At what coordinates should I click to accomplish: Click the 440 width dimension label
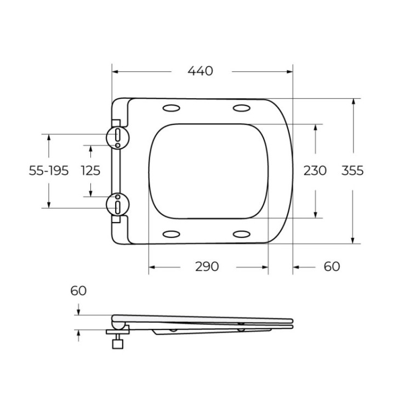tap(200, 71)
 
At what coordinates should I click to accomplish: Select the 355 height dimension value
tap(352, 170)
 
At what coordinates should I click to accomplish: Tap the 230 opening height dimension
tap(315, 170)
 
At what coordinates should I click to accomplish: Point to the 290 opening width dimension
tap(207, 266)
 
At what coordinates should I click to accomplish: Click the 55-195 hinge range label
tap(49, 170)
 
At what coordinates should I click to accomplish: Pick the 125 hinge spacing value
tap(90, 170)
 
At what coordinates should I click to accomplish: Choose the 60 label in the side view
tap(78, 290)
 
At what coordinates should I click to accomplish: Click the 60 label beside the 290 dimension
tap(332, 266)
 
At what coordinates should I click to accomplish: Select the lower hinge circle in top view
tap(118, 205)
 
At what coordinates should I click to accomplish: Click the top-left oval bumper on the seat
tap(172, 107)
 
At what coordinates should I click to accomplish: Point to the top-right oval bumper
tap(242, 107)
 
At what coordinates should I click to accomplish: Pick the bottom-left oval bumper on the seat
tap(172, 235)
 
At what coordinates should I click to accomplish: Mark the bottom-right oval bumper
tap(242, 235)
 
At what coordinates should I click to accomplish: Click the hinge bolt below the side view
tap(116, 343)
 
